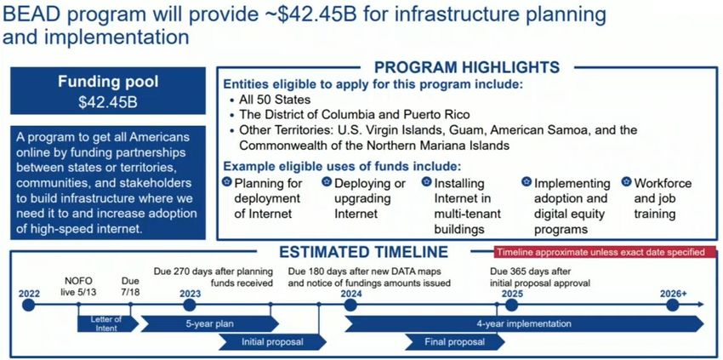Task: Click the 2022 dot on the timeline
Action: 29,305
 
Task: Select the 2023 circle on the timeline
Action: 190,305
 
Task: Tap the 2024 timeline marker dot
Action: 350,305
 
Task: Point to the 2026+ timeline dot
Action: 673,305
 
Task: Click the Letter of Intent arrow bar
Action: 108,323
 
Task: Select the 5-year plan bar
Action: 210,323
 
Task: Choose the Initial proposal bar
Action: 272,342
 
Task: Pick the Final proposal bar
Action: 455,342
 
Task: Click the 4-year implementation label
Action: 524,323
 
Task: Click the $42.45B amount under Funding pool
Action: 108,102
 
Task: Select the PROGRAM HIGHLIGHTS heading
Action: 467,67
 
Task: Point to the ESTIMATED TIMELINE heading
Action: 363,252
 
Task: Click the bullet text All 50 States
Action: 275,100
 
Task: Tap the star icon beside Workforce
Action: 626,182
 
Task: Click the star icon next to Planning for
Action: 226,182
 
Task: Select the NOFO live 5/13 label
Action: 79,286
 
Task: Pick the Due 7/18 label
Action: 130,286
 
